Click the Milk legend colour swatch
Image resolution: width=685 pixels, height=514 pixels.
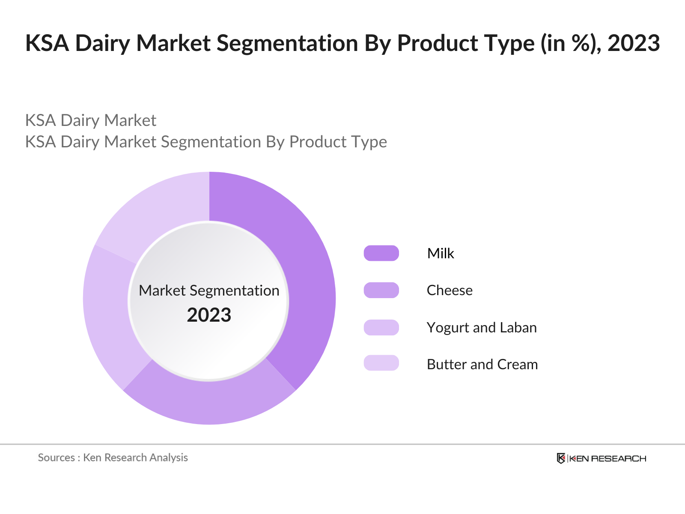pos(381,253)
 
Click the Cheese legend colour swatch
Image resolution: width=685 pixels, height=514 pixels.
pos(381,290)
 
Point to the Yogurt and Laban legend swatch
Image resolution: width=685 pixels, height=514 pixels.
pos(381,327)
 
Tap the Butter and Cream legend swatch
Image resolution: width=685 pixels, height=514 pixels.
pos(381,363)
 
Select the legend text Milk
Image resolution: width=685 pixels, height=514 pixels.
pos(441,253)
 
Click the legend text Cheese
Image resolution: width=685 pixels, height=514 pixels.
pos(450,290)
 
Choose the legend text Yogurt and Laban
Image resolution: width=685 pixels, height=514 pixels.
pos(482,328)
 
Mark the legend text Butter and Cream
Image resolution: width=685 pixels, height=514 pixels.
pos(482,365)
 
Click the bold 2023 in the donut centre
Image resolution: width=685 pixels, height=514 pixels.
pos(209,315)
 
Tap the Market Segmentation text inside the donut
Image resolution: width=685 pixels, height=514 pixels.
pos(209,290)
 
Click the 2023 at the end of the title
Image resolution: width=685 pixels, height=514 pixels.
pos(634,43)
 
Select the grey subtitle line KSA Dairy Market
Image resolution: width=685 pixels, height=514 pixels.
pos(91,120)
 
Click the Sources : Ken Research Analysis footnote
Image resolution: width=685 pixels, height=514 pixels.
pos(113,457)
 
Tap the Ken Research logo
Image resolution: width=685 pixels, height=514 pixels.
pos(602,458)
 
